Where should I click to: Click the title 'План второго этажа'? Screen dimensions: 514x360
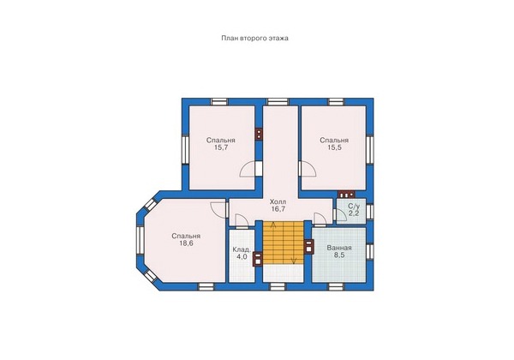254,39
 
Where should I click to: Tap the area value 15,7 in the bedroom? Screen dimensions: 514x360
221,147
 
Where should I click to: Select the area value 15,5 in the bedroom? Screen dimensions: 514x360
334,147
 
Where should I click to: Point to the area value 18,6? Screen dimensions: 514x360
186,243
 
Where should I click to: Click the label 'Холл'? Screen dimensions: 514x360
278,202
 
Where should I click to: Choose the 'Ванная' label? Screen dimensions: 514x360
339,249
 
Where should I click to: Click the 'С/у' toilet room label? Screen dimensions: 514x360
354,207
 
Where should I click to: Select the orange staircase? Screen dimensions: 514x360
284,242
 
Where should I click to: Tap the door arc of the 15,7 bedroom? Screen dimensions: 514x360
248,170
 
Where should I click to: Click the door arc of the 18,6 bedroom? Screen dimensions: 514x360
218,209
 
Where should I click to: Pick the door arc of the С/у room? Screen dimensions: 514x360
342,216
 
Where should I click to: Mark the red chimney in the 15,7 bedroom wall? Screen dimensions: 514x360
259,134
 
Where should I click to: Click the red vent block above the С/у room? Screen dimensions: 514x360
346,195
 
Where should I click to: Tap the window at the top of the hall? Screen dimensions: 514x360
278,102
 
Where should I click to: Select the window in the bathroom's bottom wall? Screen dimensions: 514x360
335,287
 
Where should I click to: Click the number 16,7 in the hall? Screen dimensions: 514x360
278,209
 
